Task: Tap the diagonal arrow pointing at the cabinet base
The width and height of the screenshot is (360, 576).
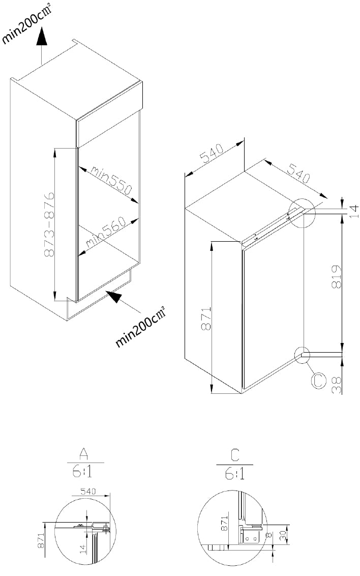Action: [123, 302]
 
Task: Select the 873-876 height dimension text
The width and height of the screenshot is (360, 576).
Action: [49, 224]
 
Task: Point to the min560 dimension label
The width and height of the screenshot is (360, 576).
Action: [106, 232]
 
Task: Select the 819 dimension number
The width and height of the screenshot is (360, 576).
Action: [336, 277]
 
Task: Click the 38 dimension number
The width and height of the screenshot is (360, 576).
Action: [337, 385]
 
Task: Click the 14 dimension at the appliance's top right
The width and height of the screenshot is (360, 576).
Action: [353, 211]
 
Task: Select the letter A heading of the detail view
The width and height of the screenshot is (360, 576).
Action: [84, 455]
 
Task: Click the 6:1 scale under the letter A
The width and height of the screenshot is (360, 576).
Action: [82, 471]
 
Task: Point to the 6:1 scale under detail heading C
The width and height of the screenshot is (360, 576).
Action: [235, 474]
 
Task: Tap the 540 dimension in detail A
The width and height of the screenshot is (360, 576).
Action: [87, 491]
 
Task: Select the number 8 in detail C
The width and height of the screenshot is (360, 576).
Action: [271, 535]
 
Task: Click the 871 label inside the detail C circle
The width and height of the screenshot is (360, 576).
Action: [224, 523]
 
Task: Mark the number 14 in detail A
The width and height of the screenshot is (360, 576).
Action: [83, 549]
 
